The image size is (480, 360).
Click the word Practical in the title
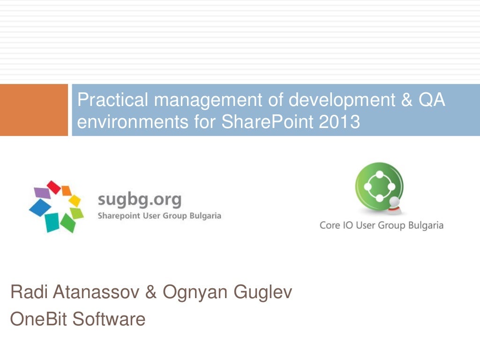coord(112,100)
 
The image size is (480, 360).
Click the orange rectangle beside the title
coord(34,110)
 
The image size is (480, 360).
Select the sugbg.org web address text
coord(139,199)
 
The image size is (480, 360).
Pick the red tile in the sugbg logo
coord(54,187)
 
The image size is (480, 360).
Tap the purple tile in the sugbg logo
coord(42,192)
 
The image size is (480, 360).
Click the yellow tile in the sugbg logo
coord(75,201)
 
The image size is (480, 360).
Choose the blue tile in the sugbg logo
coord(40,207)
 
